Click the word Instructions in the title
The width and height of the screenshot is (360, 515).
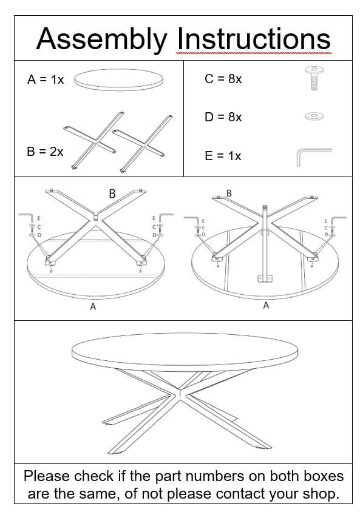pos(253,39)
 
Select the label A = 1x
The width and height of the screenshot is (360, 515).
pos(46,79)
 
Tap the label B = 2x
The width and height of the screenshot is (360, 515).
pos(45,152)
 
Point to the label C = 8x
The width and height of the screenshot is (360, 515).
pos(223,79)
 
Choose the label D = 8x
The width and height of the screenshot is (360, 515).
pos(223,116)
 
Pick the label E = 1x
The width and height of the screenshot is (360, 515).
pos(223,156)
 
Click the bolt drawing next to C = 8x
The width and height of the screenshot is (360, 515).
pos(313,79)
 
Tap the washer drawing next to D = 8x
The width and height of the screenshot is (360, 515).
pos(313,115)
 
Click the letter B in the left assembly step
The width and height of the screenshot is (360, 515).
pos(112,194)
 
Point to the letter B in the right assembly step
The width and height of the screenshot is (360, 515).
pos(229,193)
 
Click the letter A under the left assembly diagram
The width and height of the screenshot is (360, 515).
pos(93,307)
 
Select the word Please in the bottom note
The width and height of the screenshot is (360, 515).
pos(51,476)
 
